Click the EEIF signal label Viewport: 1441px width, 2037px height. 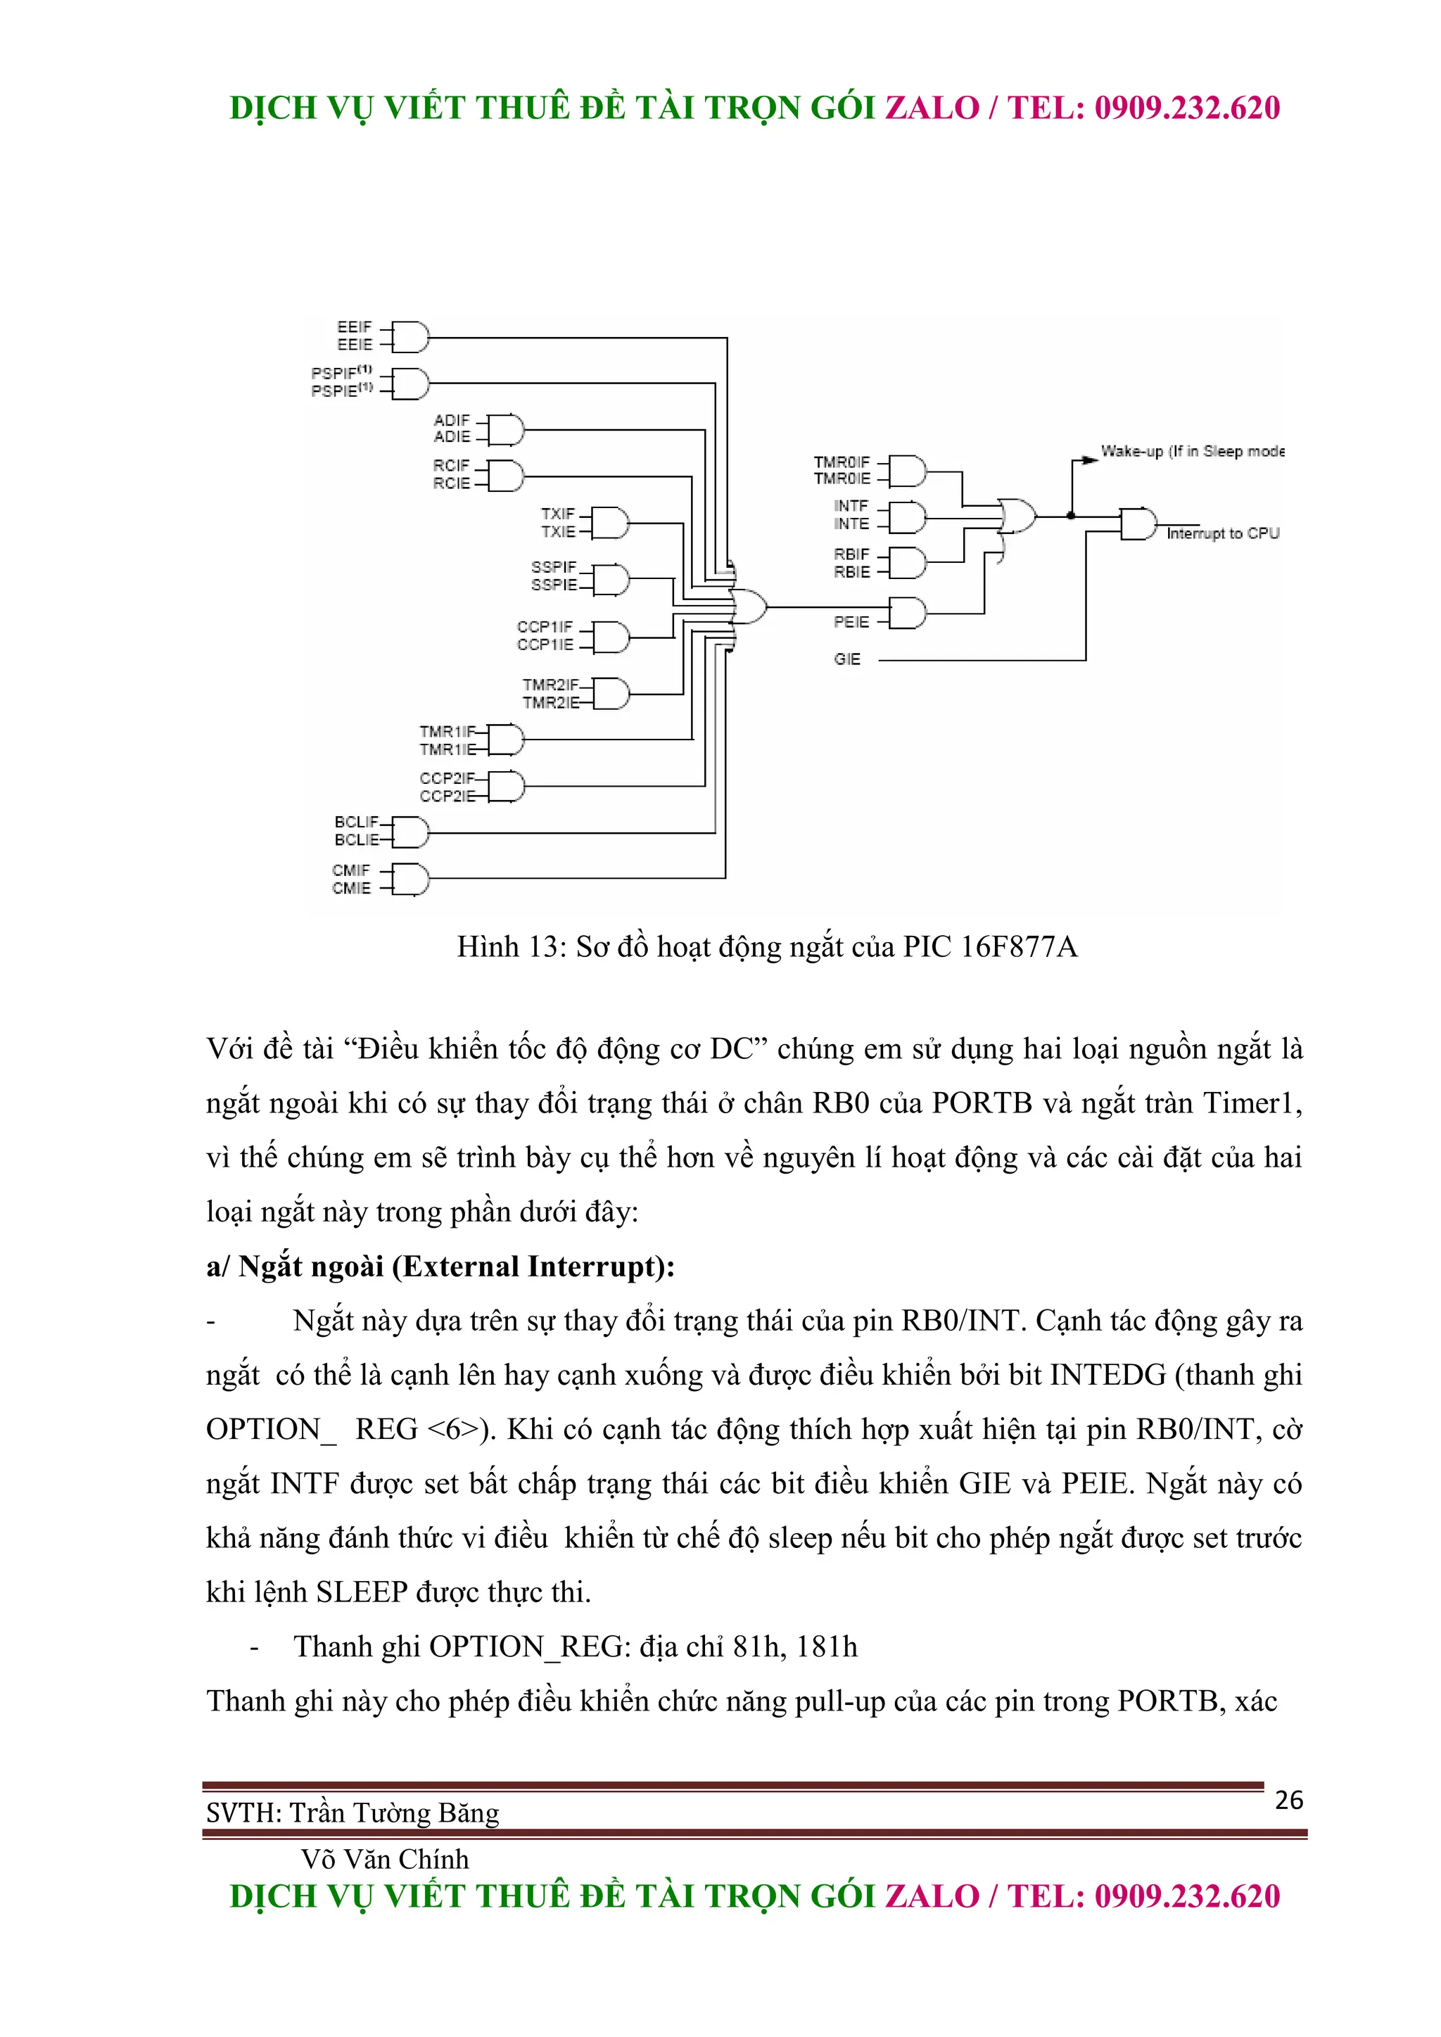(x=354, y=327)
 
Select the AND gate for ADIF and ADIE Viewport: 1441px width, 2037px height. (x=504, y=429)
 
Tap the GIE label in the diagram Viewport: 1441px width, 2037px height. (x=846, y=659)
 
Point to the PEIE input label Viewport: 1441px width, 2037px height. (x=851, y=622)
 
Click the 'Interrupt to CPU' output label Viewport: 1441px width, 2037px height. (x=1222, y=533)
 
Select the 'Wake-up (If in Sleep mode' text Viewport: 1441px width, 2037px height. (x=1192, y=452)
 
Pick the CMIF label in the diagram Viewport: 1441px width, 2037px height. (x=350, y=870)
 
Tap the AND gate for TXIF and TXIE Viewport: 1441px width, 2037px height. (x=609, y=523)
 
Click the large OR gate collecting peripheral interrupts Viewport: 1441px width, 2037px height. (x=749, y=607)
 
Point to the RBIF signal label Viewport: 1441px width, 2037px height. (x=851, y=554)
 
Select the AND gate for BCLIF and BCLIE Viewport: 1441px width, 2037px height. (x=409, y=831)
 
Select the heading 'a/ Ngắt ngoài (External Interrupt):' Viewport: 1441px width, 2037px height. (x=440, y=1266)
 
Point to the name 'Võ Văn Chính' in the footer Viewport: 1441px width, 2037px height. (x=384, y=1859)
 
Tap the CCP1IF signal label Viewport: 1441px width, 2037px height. (x=545, y=627)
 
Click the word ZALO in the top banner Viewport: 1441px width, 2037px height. (x=932, y=108)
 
